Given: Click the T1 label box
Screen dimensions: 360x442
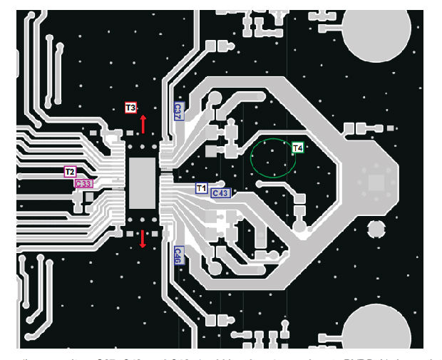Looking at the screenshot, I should coord(202,188).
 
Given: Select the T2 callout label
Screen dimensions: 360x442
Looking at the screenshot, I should coord(70,172).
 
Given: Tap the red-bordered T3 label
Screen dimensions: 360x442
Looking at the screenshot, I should coord(130,108).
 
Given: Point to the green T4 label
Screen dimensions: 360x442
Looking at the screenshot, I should coord(298,148).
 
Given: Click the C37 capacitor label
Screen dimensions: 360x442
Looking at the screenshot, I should coord(178,110).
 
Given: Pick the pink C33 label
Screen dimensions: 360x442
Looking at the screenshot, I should coord(84,183).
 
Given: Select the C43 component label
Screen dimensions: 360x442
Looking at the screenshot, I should coord(220,193).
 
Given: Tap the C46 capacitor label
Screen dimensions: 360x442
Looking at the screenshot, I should coord(178,256).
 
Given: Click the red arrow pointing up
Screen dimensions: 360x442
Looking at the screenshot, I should coord(143,123).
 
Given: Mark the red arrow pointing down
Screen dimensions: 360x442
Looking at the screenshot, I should coord(143,239).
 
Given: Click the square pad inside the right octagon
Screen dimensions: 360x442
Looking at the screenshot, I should coord(375,182).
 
